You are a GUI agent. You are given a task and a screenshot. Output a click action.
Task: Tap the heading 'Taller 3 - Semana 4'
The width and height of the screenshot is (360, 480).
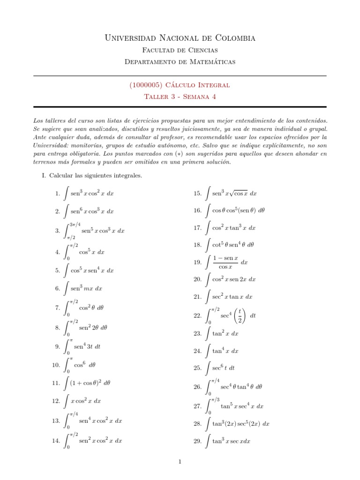pyautogui.click(x=180, y=96)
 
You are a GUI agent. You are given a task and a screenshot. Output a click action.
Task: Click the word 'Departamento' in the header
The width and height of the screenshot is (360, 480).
pyautogui.click(x=149, y=61)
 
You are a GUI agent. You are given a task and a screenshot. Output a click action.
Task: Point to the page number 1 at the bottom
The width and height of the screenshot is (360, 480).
pyautogui.click(x=180, y=462)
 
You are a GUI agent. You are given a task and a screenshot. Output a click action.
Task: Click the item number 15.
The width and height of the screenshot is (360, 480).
pyautogui.click(x=197, y=193)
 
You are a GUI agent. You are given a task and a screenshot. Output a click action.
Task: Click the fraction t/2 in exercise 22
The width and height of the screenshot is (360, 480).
pyautogui.click(x=240, y=315)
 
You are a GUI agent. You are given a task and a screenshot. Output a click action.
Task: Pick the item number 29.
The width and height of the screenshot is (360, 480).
pyautogui.click(x=197, y=441)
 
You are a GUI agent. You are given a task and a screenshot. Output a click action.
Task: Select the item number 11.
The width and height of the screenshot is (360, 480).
pyautogui.click(x=56, y=383)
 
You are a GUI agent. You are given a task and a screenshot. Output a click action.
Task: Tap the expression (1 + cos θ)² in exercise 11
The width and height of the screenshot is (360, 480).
pyautogui.click(x=85, y=383)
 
